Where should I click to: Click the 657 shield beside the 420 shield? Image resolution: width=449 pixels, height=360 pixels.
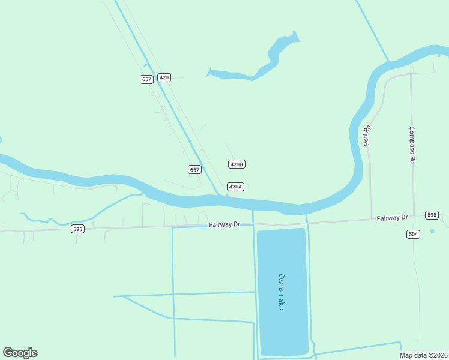tap(146, 79)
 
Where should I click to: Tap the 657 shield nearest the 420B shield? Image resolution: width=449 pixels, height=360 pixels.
tap(194, 170)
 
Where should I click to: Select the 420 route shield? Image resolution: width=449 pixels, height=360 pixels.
tap(164, 77)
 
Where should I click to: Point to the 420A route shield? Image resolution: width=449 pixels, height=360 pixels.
tap(235, 187)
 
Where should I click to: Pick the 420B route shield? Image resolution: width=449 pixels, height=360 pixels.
tap(237, 164)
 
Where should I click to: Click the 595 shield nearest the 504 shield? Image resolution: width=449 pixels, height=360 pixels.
tap(432, 215)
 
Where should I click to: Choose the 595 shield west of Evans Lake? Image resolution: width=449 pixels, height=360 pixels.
tap(77, 229)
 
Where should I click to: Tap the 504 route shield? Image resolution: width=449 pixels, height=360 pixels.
tap(413, 234)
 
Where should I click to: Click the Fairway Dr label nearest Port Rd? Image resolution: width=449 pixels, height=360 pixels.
tap(392, 218)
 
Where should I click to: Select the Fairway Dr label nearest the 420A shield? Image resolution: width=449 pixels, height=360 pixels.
tap(224, 224)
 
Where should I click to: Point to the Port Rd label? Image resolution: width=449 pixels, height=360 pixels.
tap(367, 135)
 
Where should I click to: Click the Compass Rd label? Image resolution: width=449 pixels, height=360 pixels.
tap(412, 145)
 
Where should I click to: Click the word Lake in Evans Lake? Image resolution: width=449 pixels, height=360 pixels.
tap(281, 301)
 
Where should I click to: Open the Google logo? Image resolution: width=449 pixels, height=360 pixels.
tap(20, 353)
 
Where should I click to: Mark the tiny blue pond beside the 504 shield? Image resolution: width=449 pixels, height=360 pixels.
tap(432, 231)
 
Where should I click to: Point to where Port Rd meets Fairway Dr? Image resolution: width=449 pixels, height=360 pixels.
tap(370, 219)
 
